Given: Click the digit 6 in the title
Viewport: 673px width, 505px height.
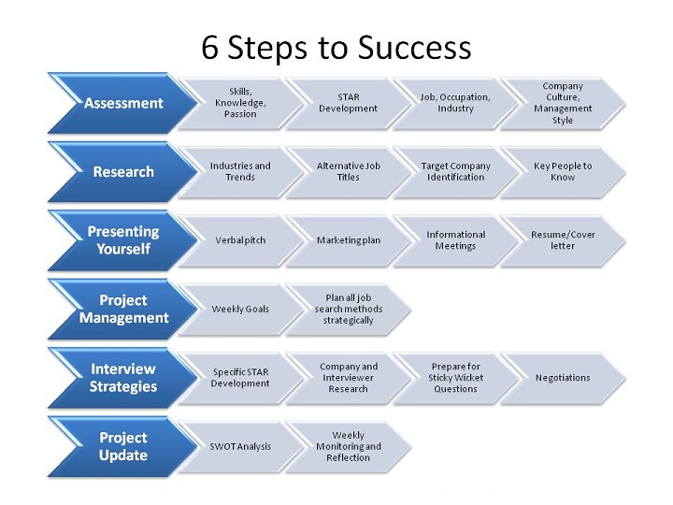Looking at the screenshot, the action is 210,48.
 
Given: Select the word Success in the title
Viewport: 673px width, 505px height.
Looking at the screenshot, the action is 415,48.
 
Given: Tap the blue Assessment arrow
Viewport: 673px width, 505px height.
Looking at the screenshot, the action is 123,103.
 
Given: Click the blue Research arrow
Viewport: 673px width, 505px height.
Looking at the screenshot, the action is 123,172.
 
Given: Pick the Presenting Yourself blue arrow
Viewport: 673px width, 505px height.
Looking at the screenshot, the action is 123,240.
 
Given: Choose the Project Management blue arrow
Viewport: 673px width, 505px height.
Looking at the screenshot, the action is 123,310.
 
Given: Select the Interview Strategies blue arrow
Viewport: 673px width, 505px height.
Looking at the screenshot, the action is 123,378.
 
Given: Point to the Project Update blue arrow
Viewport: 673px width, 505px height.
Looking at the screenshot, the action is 123,447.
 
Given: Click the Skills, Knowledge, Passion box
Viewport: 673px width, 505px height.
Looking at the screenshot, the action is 240,103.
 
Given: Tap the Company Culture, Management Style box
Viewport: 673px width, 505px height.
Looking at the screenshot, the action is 563,103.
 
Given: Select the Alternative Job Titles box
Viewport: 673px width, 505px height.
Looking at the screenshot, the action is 348,172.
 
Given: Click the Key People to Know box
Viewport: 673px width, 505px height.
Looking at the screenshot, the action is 563,172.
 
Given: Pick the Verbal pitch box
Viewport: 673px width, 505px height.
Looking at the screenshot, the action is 240,240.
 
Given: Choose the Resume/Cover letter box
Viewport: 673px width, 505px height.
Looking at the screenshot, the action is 563,240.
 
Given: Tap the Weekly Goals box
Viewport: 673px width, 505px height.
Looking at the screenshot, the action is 240,310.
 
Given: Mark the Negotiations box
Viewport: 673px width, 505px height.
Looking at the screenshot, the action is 563,378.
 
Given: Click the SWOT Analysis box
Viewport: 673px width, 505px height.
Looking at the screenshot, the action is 240,447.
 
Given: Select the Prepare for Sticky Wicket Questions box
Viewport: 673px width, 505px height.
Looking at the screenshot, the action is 455,378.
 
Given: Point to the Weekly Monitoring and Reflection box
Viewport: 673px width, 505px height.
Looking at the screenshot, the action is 348,447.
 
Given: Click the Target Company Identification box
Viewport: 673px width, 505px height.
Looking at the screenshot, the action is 455,172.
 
